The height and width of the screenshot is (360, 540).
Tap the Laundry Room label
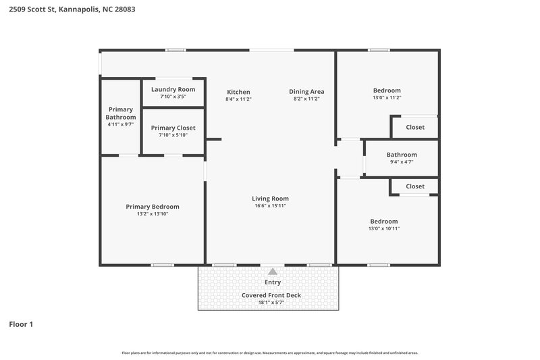173,89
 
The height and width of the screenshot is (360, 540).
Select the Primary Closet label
173,128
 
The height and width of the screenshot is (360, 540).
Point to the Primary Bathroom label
121,113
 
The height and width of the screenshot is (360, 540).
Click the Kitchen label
238,92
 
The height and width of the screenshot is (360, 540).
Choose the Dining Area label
306,92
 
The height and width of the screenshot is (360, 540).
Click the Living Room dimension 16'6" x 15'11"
270,206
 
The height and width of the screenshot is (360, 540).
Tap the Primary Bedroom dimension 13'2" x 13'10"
153,214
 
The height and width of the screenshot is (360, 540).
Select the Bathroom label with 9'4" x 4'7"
402,155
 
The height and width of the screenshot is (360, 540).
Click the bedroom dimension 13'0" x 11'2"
387,98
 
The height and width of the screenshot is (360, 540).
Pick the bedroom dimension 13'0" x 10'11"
383,229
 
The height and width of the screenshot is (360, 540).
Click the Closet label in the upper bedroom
415,127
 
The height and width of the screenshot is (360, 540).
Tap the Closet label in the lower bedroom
415,186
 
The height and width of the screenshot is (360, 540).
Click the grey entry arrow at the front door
273,271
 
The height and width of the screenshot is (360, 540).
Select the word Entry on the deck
273,282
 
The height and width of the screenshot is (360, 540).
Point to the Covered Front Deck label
271,295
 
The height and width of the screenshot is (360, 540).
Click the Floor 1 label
21,324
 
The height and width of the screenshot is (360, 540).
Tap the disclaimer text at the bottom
270,353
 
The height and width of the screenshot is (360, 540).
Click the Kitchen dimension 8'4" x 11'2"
238,99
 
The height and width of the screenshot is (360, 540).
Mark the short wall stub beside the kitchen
213,140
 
